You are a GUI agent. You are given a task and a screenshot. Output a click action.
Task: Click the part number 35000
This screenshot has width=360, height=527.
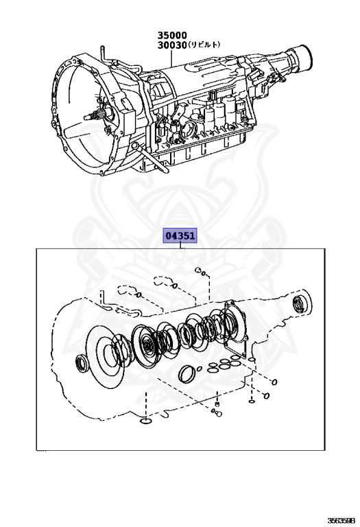172,35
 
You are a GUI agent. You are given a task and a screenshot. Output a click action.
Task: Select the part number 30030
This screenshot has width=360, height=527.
172,45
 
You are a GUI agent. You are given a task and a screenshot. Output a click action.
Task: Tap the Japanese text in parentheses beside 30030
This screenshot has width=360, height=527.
204,45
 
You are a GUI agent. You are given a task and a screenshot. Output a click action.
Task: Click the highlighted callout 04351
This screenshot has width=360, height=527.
180,236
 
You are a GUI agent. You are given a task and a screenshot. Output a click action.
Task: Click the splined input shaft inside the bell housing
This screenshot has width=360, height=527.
97,115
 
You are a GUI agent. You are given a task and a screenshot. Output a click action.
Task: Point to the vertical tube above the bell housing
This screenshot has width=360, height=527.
101,53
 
